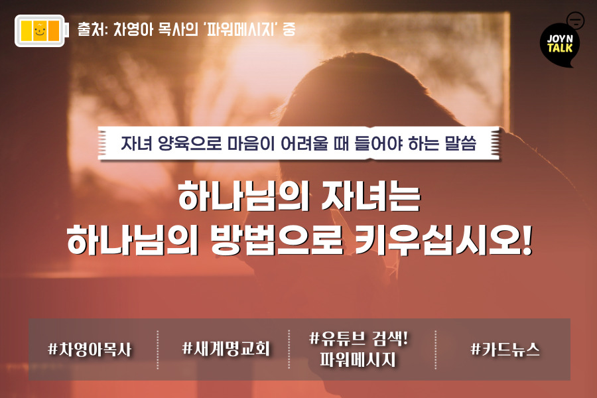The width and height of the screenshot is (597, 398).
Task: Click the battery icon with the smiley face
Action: tap(42, 31)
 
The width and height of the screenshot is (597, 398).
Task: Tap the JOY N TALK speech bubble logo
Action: tap(559, 45)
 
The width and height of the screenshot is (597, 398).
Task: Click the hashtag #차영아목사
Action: tap(90, 350)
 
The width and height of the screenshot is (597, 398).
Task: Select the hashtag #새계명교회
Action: tap(226, 348)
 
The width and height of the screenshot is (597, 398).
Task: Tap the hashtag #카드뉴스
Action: tap(505, 349)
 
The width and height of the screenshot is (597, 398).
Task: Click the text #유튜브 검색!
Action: tap(358, 338)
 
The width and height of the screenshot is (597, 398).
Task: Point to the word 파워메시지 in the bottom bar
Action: tap(358, 360)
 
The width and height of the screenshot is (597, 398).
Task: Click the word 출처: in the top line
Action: tap(93, 29)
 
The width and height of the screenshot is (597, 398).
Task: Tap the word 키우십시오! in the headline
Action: tap(443, 239)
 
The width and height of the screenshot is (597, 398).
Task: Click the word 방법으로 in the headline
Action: tap(277, 239)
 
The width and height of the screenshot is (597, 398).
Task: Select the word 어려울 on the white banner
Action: tap(304, 143)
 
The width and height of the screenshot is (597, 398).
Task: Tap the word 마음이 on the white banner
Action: tap(251, 143)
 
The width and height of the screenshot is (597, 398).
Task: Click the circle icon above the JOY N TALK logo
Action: tap(575, 20)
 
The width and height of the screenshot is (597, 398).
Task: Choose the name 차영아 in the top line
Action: tap(133, 29)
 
